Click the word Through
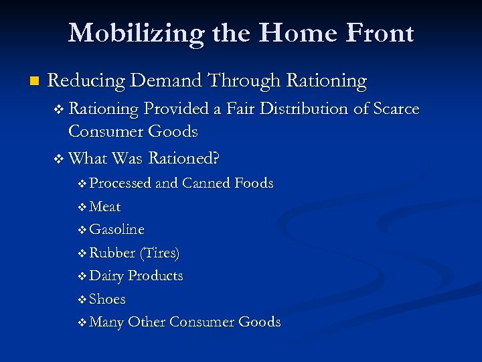point(244,81)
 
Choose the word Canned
point(204,183)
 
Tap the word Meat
point(105,206)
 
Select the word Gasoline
point(117,229)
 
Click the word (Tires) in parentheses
point(159,253)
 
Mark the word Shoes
point(108,299)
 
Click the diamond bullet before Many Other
point(82,322)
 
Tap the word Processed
point(120,183)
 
